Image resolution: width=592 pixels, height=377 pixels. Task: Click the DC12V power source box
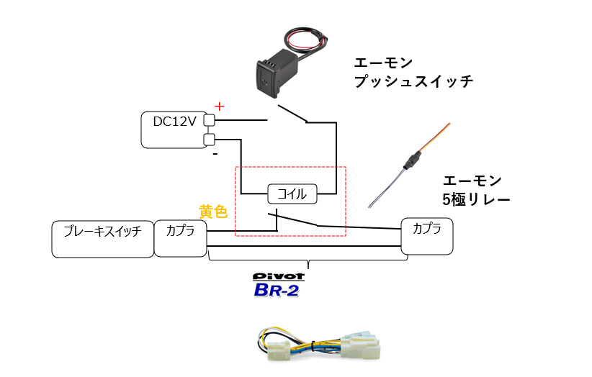tap(173, 130)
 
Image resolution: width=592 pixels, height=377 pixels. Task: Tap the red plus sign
tap(220, 106)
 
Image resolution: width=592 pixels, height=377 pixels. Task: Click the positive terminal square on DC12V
tap(210, 120)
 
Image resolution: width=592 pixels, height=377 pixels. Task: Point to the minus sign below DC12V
tap(215, 154)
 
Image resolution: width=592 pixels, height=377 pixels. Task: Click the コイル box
tap(292, 194)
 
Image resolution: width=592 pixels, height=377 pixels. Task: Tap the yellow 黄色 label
tap(213, 212)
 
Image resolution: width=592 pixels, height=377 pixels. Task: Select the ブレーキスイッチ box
tap(103, 238)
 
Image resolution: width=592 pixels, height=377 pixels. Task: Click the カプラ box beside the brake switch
tap(180, 238)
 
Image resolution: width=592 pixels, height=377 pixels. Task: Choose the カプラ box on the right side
tap(428, 235)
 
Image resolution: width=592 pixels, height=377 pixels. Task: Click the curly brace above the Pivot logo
tap(308, 260)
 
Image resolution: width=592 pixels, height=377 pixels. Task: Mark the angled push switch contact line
tap(294, 114)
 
